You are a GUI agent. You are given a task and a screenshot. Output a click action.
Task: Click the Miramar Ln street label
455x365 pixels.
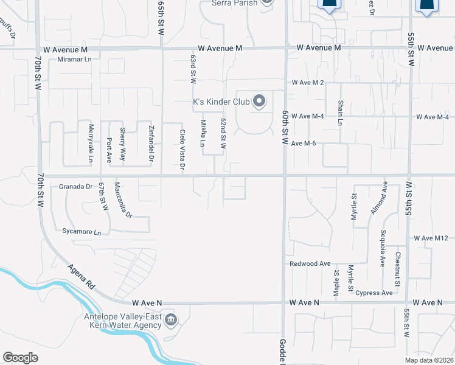pyautogui.click(x=74, y=59)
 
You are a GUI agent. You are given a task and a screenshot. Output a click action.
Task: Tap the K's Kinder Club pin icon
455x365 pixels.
pyautogui.click(x=260, y=101)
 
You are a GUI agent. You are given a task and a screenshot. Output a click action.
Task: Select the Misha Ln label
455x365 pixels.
pyautogui.click(x=203, y=133)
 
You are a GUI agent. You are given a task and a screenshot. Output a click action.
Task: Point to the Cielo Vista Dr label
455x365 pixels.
pyautogui.click(x=182, y=150)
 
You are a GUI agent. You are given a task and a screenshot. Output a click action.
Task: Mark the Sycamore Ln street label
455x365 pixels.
pyautogui.click(x=81, y=232)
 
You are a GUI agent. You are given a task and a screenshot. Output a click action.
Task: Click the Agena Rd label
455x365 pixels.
pyautogui.click(x=81, y=276)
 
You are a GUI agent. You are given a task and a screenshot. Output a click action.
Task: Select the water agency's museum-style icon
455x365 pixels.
pyautogui.click(x=171, y=319)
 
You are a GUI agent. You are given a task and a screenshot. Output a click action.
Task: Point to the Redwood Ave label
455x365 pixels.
pyautogui.click(x=310, y=264)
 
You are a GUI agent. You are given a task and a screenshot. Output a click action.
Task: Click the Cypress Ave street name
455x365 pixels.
pyautogui.click(x=374, y=293)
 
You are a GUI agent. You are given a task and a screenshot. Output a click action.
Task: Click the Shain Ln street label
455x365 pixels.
pyautogui.click(x=341, y=113)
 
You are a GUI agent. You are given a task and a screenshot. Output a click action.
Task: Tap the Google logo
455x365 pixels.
pyautogui.click(x=20, y=358)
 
